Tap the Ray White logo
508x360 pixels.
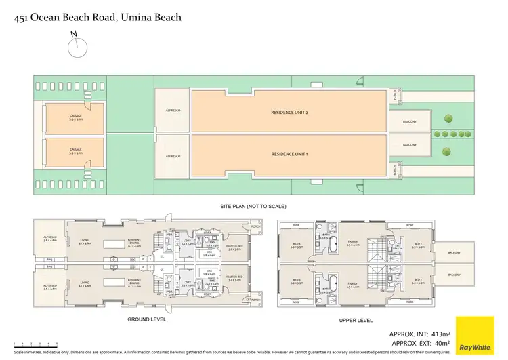tap(475, 335)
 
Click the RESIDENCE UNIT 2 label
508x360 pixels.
tap(290, 113)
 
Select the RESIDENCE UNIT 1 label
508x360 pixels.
tap(290, 154)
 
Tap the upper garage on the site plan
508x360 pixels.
tap(75, 118)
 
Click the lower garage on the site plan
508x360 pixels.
tap(75, 153)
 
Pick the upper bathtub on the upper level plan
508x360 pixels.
tap(335, 247)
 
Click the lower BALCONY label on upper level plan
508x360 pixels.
tap(453, 275)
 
